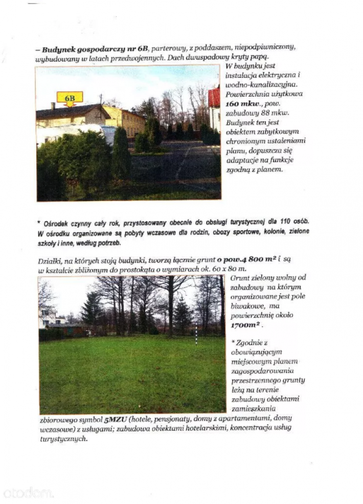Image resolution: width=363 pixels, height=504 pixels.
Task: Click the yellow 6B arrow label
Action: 70,98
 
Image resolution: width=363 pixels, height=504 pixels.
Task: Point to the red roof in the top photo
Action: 214,97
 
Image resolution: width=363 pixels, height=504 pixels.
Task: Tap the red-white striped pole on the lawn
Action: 196,333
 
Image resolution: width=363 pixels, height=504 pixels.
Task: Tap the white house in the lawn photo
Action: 47,317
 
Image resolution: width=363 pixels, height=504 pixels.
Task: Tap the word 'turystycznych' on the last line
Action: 63,439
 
